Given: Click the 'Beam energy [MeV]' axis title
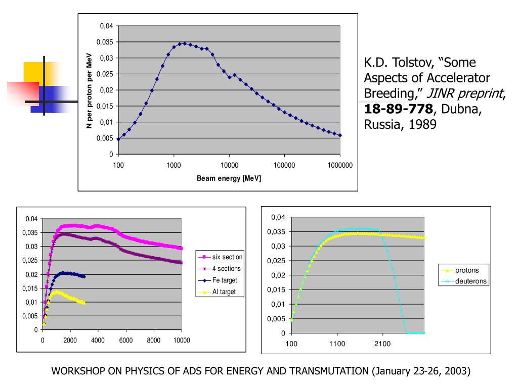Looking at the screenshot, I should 229,178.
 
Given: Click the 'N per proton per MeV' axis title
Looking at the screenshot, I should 89,90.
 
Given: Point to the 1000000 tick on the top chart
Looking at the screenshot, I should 340,165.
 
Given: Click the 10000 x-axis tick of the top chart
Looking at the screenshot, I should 229,165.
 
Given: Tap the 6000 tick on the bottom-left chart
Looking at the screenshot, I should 125,341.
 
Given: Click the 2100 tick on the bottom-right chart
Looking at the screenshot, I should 382,344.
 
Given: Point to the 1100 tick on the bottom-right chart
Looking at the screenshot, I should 337,344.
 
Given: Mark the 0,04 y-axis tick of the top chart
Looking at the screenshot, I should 107,26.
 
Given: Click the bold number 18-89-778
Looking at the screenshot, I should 399,109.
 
